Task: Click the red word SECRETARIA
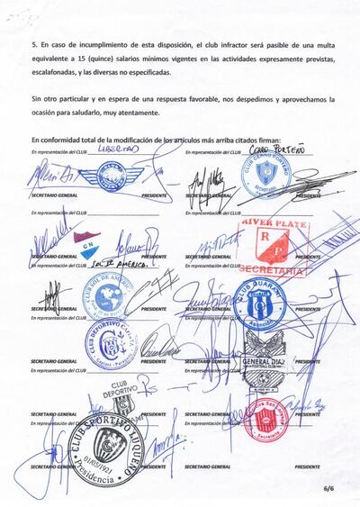[274, 267]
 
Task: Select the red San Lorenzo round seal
[262, 411]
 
